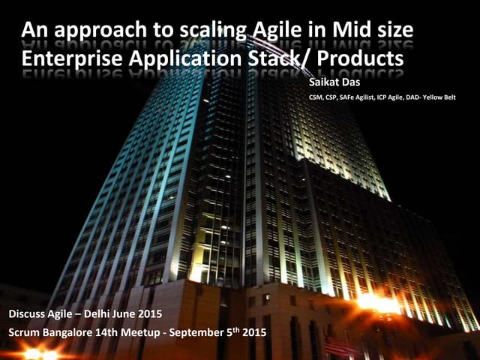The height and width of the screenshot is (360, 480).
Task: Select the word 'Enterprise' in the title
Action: (65, 58)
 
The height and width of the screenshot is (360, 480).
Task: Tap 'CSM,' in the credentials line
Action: (317, 97)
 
